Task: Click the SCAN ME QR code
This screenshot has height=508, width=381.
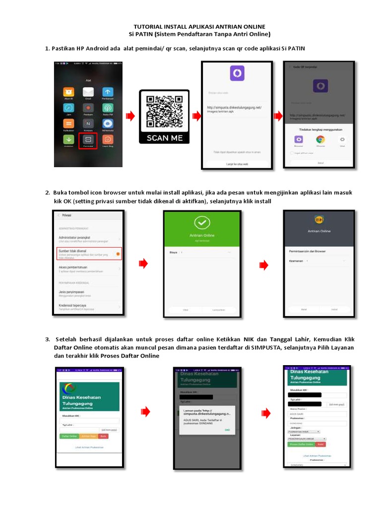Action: click(x=164, y=112)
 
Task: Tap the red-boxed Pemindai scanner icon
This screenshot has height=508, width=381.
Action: click(x=88, y=140)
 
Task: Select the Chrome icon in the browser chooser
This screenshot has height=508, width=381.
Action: click(x=320, y=140)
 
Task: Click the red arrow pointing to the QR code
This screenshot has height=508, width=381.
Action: click(x=130, y=116)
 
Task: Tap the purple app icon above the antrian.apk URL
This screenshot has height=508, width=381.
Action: click(x=237, y=73)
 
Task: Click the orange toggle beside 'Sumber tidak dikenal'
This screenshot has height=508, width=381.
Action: click(x=118, y=254)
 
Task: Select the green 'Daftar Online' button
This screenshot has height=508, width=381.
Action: click(x=68, y=436)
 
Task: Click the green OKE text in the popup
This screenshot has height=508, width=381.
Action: click(x=227, y=430)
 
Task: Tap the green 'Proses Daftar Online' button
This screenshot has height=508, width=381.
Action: click(x=301, y=444)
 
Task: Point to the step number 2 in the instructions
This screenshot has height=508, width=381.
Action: click(x=48, y=192)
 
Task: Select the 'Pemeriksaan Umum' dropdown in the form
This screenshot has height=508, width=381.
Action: click(x=307, y=439)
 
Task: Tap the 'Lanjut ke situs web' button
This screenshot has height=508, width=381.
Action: click(x=237, y=163)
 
